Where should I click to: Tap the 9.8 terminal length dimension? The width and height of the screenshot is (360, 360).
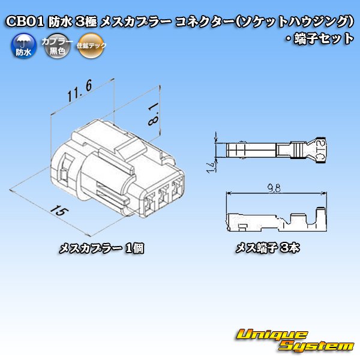click(275, 189)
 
